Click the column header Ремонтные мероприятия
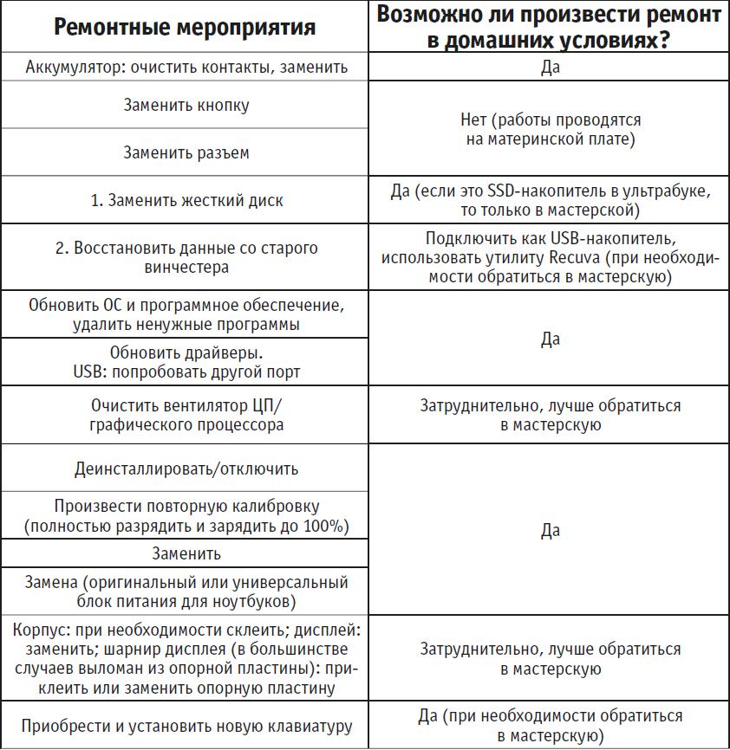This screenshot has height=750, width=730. [x=186, y=28]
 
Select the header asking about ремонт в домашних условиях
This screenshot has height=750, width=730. [x=551, y=28]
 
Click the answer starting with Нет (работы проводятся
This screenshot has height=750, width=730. [x=551, y=129]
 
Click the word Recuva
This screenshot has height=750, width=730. [x=572, y=258]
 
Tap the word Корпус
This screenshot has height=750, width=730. [x=39, y=630]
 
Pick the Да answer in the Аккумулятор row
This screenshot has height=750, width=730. [x=551, y=67]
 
